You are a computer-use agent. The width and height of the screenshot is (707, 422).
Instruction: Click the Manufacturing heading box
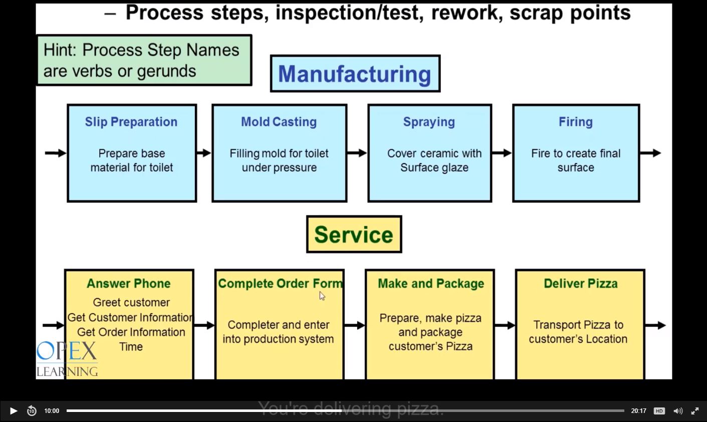pyautogui.click(x=355, y=74)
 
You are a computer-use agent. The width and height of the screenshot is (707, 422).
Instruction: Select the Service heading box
pyautogui.click(x=354, y=234)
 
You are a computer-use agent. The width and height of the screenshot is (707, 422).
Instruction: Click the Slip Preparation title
pyautogui.click(x=131, y=122)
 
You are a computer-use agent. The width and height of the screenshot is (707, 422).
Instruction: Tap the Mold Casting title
pyautogui.click(x=279, y=122)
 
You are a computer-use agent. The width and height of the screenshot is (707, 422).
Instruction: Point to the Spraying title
pyautogui.click(x=429, y=122)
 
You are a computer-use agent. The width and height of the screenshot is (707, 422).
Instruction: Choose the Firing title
pyautogui.click(x=576, y=122)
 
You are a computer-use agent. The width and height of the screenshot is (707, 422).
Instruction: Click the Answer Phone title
pyautogui.click(x=129, y=284)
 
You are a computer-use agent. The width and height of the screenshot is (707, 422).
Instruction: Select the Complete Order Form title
pyautogui.click(x=280, y=284)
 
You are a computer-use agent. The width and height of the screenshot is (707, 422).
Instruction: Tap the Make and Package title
pyautogui.click(x=430, y=284)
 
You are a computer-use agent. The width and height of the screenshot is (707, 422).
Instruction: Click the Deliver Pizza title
pyautogui.click(x=581, y=284)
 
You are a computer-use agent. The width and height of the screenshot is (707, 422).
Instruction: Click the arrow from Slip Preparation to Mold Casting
pyautogui.click(x=204, y=153)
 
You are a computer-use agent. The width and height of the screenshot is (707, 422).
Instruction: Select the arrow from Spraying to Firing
pyautogui.click(x=502, y=153)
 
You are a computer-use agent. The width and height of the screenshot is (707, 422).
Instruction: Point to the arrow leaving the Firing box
pyautogui.click(x=650, y=153)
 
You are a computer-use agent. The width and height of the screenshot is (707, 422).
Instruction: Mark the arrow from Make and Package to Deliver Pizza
pyautogui.click(x=505, y=326)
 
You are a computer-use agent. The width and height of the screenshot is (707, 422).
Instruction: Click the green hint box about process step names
pyautogui.click(x=144, y=60)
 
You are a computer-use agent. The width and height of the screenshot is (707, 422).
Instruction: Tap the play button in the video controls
pyautogui.click(x=14, y=411)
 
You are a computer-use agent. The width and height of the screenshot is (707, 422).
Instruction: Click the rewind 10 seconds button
pyautogui.click(x=32, y=411)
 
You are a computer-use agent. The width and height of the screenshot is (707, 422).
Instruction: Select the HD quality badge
pyautogui.click(x=659, y=411)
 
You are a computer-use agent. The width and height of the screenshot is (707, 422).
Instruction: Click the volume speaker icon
pyautogui.click(x=678, y=411)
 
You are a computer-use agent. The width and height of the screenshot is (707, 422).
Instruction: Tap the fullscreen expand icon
pyautogui.click(x=695, y=411)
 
